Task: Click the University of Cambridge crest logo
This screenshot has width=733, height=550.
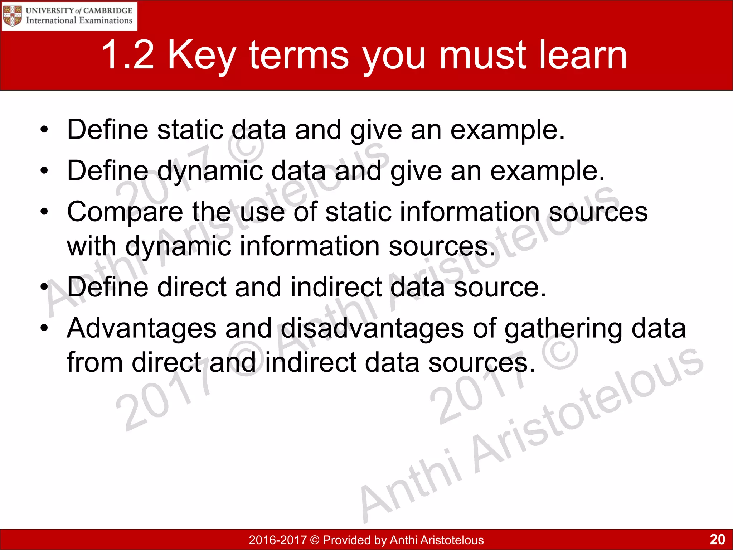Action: [x=13, y=16]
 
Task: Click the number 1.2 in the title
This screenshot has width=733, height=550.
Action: [x=128, y=55]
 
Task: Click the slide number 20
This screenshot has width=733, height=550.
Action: [x=717, y=539]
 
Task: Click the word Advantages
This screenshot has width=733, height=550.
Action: [x=141, y=329]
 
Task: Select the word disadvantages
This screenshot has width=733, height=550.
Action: [x=372, y=329]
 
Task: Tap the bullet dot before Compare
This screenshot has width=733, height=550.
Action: [x=44, y=212]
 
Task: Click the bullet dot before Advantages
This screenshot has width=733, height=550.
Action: [x=44, y=328]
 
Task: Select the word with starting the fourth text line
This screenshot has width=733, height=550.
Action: [x=92, y=246]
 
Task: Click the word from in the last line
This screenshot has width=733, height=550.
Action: [x=95, y=362]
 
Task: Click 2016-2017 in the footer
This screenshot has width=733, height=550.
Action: [x=278, y=540]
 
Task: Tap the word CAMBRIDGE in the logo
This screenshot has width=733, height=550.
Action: [x=108, y=10]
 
